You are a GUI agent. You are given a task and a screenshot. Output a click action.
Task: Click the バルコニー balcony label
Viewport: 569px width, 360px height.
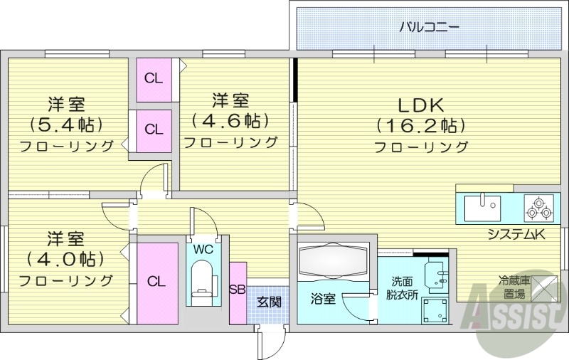click(429, 28)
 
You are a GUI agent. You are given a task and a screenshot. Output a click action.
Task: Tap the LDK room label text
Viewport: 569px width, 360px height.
click(420, 105)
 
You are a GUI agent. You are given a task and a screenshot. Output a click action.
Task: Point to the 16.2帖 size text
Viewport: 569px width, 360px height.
click(420, 126)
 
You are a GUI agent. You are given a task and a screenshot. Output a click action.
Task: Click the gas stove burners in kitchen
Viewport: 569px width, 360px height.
click(538, 208)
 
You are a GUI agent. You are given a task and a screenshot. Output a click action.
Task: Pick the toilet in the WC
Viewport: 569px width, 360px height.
click(203, 278)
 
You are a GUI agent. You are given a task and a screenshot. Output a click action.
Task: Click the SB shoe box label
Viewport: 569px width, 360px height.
click(238, 289)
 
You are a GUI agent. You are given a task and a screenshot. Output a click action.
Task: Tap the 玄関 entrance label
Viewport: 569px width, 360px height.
click(269, 302)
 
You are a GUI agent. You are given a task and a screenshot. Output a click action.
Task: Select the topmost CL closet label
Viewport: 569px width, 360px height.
click(154, 78)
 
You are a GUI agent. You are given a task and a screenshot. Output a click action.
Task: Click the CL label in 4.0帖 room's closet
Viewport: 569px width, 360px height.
click(156, 281)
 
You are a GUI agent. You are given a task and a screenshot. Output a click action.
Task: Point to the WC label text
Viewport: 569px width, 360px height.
click(203, 250)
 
